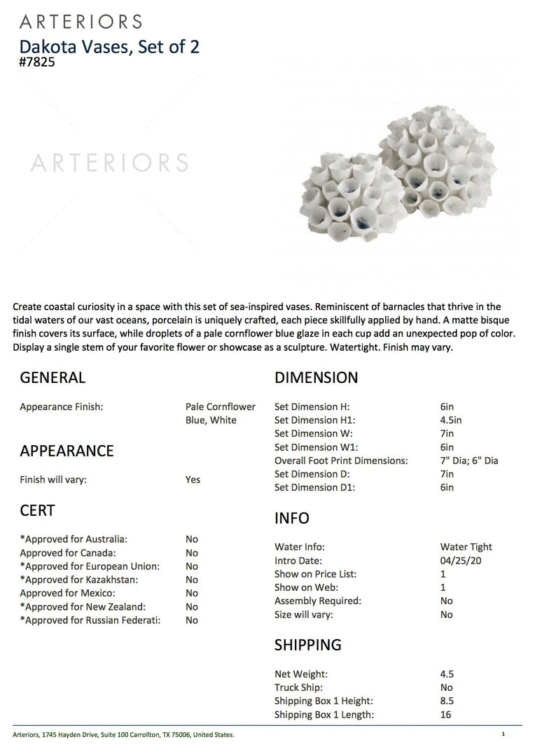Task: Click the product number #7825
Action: point(37,62)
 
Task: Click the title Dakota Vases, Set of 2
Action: point(109,46)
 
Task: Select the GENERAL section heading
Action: point(53,378)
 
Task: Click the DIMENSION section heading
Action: point(316,378)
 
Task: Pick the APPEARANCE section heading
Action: point(67,451)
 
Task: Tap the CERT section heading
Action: point(37,511)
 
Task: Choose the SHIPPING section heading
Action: point(308,645)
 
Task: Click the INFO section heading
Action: point(292,518)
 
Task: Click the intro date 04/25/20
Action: point(461,561)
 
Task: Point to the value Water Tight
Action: point(466,547)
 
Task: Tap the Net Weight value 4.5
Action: point(447,674)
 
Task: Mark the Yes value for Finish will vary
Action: point(193,479)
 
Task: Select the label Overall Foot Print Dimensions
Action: point(341,461)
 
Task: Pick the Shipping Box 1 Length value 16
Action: point(446,715)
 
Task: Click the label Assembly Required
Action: point(318,601)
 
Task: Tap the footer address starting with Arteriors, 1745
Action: point(124,734)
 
